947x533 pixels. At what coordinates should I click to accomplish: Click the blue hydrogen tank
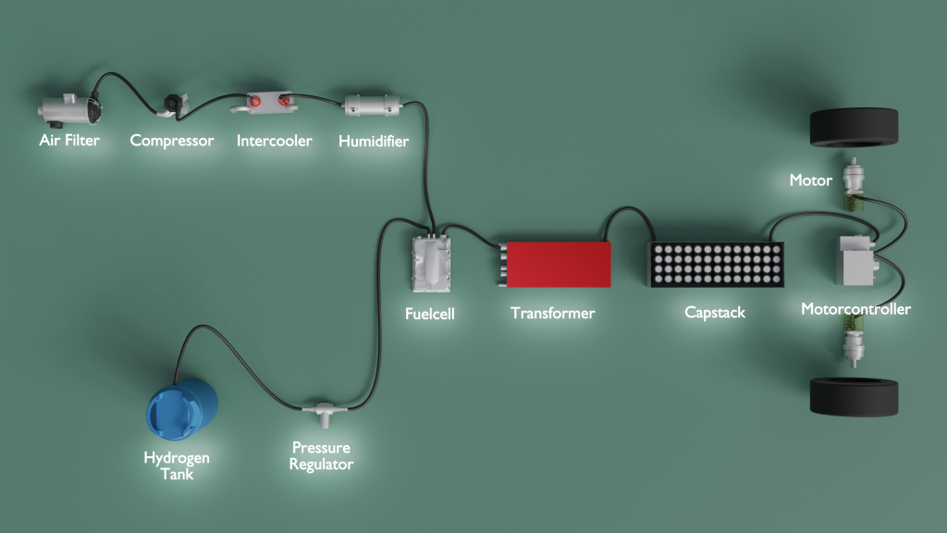(182, 410)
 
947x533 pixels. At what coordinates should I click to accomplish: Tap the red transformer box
(557, 265)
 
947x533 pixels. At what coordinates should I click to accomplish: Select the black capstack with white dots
(716, 264)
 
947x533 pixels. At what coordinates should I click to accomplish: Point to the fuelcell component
(431, 264)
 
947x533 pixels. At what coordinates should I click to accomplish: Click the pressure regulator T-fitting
(325, 413)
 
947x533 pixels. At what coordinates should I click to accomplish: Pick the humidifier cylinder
(373, 105)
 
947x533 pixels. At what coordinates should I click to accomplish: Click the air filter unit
(69, 110)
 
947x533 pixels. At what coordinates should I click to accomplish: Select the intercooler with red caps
(265, 103)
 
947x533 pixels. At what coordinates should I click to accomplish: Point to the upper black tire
(854, 127)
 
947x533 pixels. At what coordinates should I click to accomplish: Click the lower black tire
(854, 397)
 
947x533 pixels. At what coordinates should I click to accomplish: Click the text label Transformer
(553, 313)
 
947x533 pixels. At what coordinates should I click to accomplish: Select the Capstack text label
(715, 313)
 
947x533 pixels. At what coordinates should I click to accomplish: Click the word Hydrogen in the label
(177, 458)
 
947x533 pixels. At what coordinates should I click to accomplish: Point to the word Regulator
(321, 465)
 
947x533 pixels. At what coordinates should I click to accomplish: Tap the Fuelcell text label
(429, 314)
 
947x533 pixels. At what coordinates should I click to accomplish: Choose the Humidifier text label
(374, 142)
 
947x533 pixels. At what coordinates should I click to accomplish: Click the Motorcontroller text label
(855, 309)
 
